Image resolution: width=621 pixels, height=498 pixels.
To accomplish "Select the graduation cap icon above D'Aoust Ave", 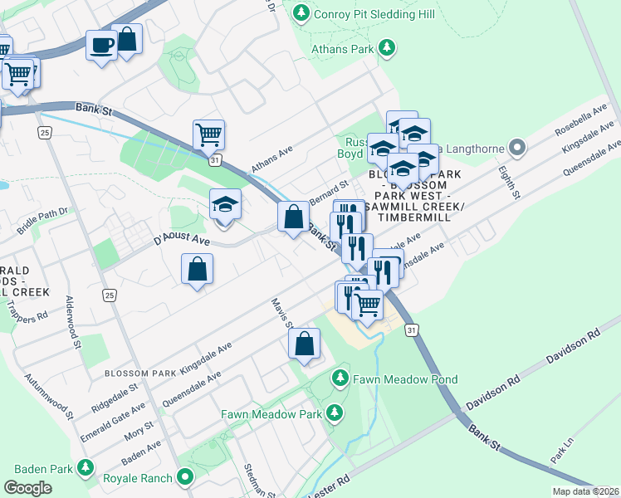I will [225, 203].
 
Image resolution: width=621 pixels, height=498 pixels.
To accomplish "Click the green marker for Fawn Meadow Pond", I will [340, 379].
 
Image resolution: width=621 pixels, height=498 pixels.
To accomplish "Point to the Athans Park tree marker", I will [385, 49].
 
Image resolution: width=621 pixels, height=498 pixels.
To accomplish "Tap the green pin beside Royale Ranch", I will [184, 478].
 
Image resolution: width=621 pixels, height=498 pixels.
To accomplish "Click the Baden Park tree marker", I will [84, 467].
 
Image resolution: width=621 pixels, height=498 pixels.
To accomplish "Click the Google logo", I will [27, 488].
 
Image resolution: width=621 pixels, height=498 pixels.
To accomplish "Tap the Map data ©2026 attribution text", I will [585, 491].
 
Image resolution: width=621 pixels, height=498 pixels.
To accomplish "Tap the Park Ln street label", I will [562, 449].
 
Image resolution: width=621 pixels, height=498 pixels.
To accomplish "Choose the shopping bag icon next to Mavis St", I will [305, 343].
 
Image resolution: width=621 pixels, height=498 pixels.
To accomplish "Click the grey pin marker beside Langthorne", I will [517, 149].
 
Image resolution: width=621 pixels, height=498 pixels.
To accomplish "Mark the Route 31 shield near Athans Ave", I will [214, 159].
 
